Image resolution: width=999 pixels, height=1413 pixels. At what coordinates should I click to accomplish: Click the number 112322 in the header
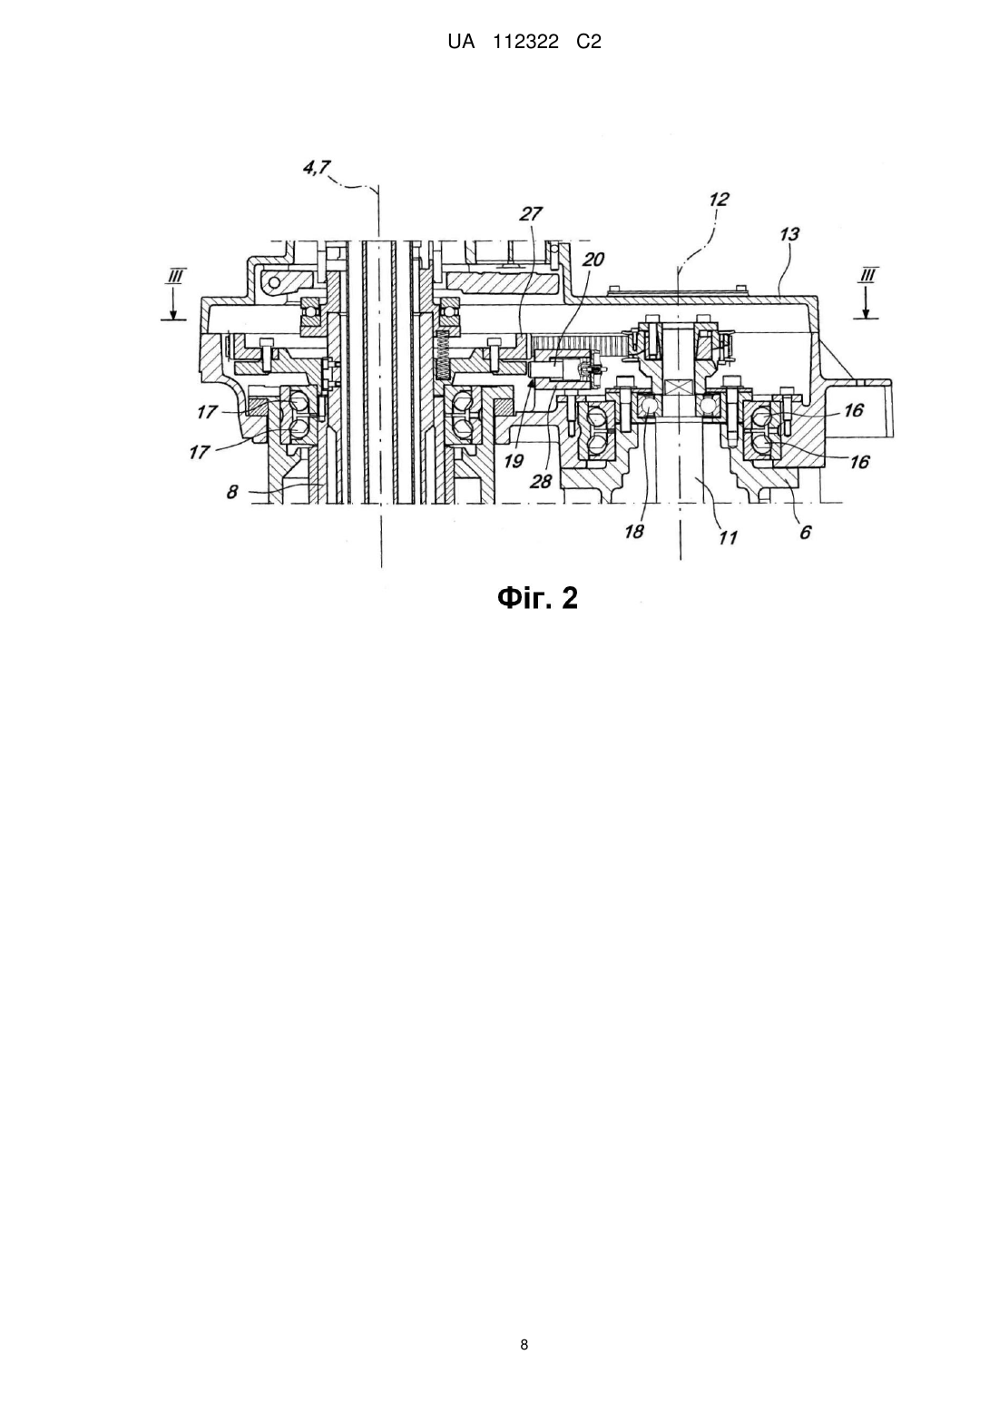(x=526, y=43)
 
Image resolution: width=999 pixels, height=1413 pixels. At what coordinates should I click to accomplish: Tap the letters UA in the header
(x=461, y=43)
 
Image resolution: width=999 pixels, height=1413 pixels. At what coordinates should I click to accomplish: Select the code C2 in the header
(x=589, y=43)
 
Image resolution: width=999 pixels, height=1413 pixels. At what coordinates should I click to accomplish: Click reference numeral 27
(x=531, y=214)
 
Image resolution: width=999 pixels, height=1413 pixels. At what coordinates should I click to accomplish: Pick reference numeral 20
(x=593, y=260)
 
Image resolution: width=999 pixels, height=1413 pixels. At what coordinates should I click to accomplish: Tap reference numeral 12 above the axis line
(x=719, y=200)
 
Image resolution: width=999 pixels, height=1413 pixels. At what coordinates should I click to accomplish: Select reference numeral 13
(x=789, y=234)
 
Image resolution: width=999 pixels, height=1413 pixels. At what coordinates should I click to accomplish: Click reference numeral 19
(x=514, y=461)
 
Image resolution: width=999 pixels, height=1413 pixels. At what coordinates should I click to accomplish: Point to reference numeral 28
(x=541, y=481)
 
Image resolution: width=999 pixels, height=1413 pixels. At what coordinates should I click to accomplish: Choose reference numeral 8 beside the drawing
(x=232, y=491)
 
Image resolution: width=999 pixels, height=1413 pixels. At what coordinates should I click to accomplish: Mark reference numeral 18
(x=634, y=532)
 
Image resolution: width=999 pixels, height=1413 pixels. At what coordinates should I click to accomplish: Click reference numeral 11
(x=728, y=537)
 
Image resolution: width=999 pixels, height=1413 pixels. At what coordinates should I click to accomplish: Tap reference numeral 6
(x=806, y=533)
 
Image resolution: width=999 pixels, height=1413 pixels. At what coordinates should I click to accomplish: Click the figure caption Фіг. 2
(x=537, y=597)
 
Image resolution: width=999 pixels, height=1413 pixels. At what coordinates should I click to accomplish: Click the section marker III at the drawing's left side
(x=174, y=276)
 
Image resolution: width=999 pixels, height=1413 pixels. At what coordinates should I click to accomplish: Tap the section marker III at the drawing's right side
(x=867, y=276)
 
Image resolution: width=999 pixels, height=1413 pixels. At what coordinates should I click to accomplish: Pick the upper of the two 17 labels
(x=208, y=413)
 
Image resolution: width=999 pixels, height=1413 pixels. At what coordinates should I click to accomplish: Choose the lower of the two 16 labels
(x=859, y=463)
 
